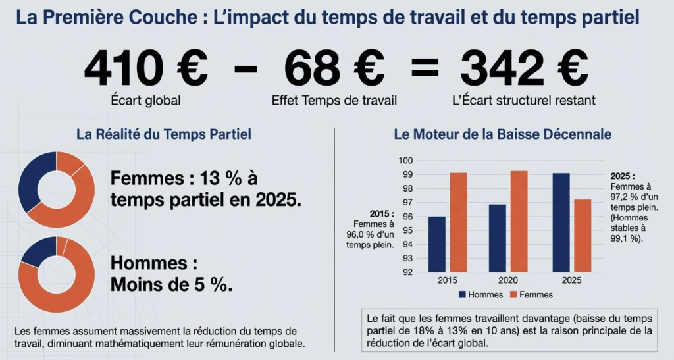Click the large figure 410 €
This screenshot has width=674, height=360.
[x=145, y=68]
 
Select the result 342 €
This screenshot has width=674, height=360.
[x=523, y=68]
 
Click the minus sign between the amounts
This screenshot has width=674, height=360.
[x=246, y=68]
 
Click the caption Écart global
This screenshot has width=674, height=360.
[x=146, y=101]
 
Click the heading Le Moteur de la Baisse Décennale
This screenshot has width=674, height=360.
[x=503, y=134]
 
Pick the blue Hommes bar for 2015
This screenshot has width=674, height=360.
[x=437, y=244]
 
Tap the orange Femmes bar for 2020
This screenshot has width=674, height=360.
[x=519, y=221]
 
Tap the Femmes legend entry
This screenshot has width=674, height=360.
[x=531, y=294]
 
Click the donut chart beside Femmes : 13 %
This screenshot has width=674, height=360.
[x=57, y=190]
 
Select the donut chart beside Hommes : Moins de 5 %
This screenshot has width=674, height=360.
[x=57, y=275]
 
